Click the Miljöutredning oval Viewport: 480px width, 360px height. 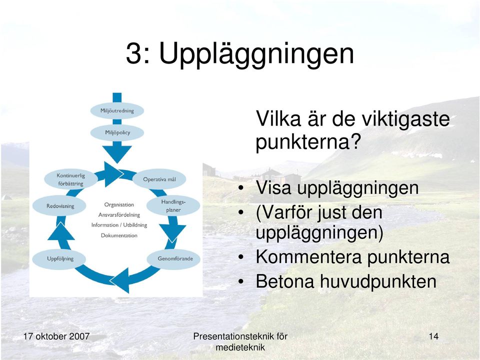[x=117, y=110]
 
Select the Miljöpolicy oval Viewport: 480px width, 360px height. [x=117, y=132]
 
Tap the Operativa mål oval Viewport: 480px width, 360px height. [x=159, y=179]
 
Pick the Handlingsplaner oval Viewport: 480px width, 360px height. [x=173, y=205]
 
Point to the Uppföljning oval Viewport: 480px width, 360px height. [x=60, y=259]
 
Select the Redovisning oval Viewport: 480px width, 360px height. [x=60, y=206]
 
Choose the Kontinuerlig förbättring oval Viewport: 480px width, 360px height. [x=70, y=179]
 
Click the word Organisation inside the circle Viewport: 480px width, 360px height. [x=119, y=204]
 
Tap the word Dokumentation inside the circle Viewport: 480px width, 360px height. [x=119, y=235]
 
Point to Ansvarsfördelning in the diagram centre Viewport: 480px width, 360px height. [x=119, y=215]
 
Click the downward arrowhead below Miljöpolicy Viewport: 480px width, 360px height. [x=117, y=154]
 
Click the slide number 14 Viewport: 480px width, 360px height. [x=433, y=336]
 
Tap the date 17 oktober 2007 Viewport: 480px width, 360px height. [x=56, y=336]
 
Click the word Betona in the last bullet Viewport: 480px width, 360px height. [x=285, y=281]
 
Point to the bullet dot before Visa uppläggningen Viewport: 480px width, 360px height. [x=241, y=188]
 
